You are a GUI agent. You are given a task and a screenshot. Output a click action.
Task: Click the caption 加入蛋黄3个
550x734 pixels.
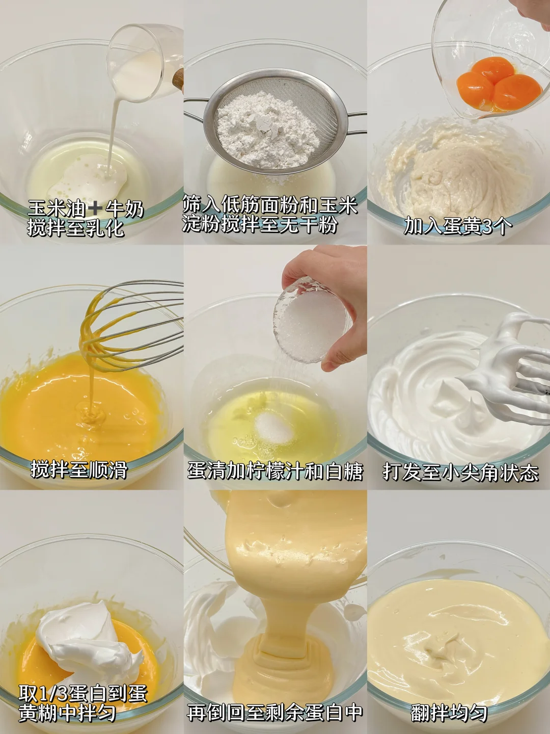458,226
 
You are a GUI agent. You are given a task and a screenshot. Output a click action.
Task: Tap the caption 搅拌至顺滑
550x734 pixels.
79,469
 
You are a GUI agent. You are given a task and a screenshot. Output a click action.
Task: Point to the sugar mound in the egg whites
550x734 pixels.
274,427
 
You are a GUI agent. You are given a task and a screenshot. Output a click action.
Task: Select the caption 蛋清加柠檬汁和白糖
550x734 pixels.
275,471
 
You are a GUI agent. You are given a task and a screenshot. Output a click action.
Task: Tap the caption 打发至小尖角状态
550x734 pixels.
460,472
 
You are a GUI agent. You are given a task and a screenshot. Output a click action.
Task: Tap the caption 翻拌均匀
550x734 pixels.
449,714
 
